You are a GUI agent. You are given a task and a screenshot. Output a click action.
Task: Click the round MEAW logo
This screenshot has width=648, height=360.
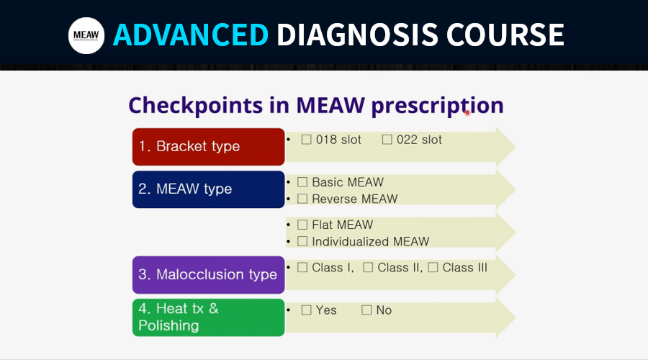[x=86, y=35]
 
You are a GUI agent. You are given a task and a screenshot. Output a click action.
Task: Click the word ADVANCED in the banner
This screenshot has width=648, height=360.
[x=191, y=35]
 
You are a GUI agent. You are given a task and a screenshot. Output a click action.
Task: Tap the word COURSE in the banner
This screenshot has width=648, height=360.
[x=505, y=35]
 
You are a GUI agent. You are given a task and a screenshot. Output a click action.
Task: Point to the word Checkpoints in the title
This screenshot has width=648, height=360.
[x=195, y=106]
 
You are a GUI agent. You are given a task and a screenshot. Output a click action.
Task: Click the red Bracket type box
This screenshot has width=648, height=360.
[x=209, y=147]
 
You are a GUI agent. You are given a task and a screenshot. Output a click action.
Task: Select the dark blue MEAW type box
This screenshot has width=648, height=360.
[x=209, y=189]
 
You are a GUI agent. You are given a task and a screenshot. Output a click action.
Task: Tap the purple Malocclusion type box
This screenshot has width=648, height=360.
[x=209, y=275]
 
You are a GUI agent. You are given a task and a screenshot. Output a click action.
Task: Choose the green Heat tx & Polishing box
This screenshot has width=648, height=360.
[x=209, y=318]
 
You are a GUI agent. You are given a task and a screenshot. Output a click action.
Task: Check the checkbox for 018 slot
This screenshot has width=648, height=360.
[x=306, y=140]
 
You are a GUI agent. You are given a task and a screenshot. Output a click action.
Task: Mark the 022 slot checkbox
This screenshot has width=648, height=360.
[x=387, y=140]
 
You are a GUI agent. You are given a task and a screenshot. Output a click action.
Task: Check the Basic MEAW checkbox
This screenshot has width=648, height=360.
[x=302, y=182]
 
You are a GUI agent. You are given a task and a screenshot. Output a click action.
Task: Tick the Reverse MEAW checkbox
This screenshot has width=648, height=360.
[x=302, y=199]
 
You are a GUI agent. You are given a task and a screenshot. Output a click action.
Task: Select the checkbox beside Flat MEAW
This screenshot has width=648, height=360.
[x=302, y=225]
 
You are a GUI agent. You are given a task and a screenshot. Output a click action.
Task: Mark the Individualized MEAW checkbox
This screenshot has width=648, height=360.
[x=302, y=241]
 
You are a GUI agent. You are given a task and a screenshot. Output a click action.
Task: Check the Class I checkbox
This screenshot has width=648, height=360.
[x=302, y=267]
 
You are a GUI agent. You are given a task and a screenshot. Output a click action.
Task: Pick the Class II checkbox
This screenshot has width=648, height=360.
[x=368, y=267]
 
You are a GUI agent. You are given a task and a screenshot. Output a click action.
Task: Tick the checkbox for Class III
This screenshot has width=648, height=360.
[x=433, y=267]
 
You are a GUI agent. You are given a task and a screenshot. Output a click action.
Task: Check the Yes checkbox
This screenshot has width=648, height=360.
[x=306, y=310]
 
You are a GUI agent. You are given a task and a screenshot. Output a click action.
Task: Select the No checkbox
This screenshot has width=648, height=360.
[x=366, y=310]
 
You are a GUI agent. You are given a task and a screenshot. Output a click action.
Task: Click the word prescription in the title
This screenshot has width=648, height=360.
[x=437, y=106]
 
